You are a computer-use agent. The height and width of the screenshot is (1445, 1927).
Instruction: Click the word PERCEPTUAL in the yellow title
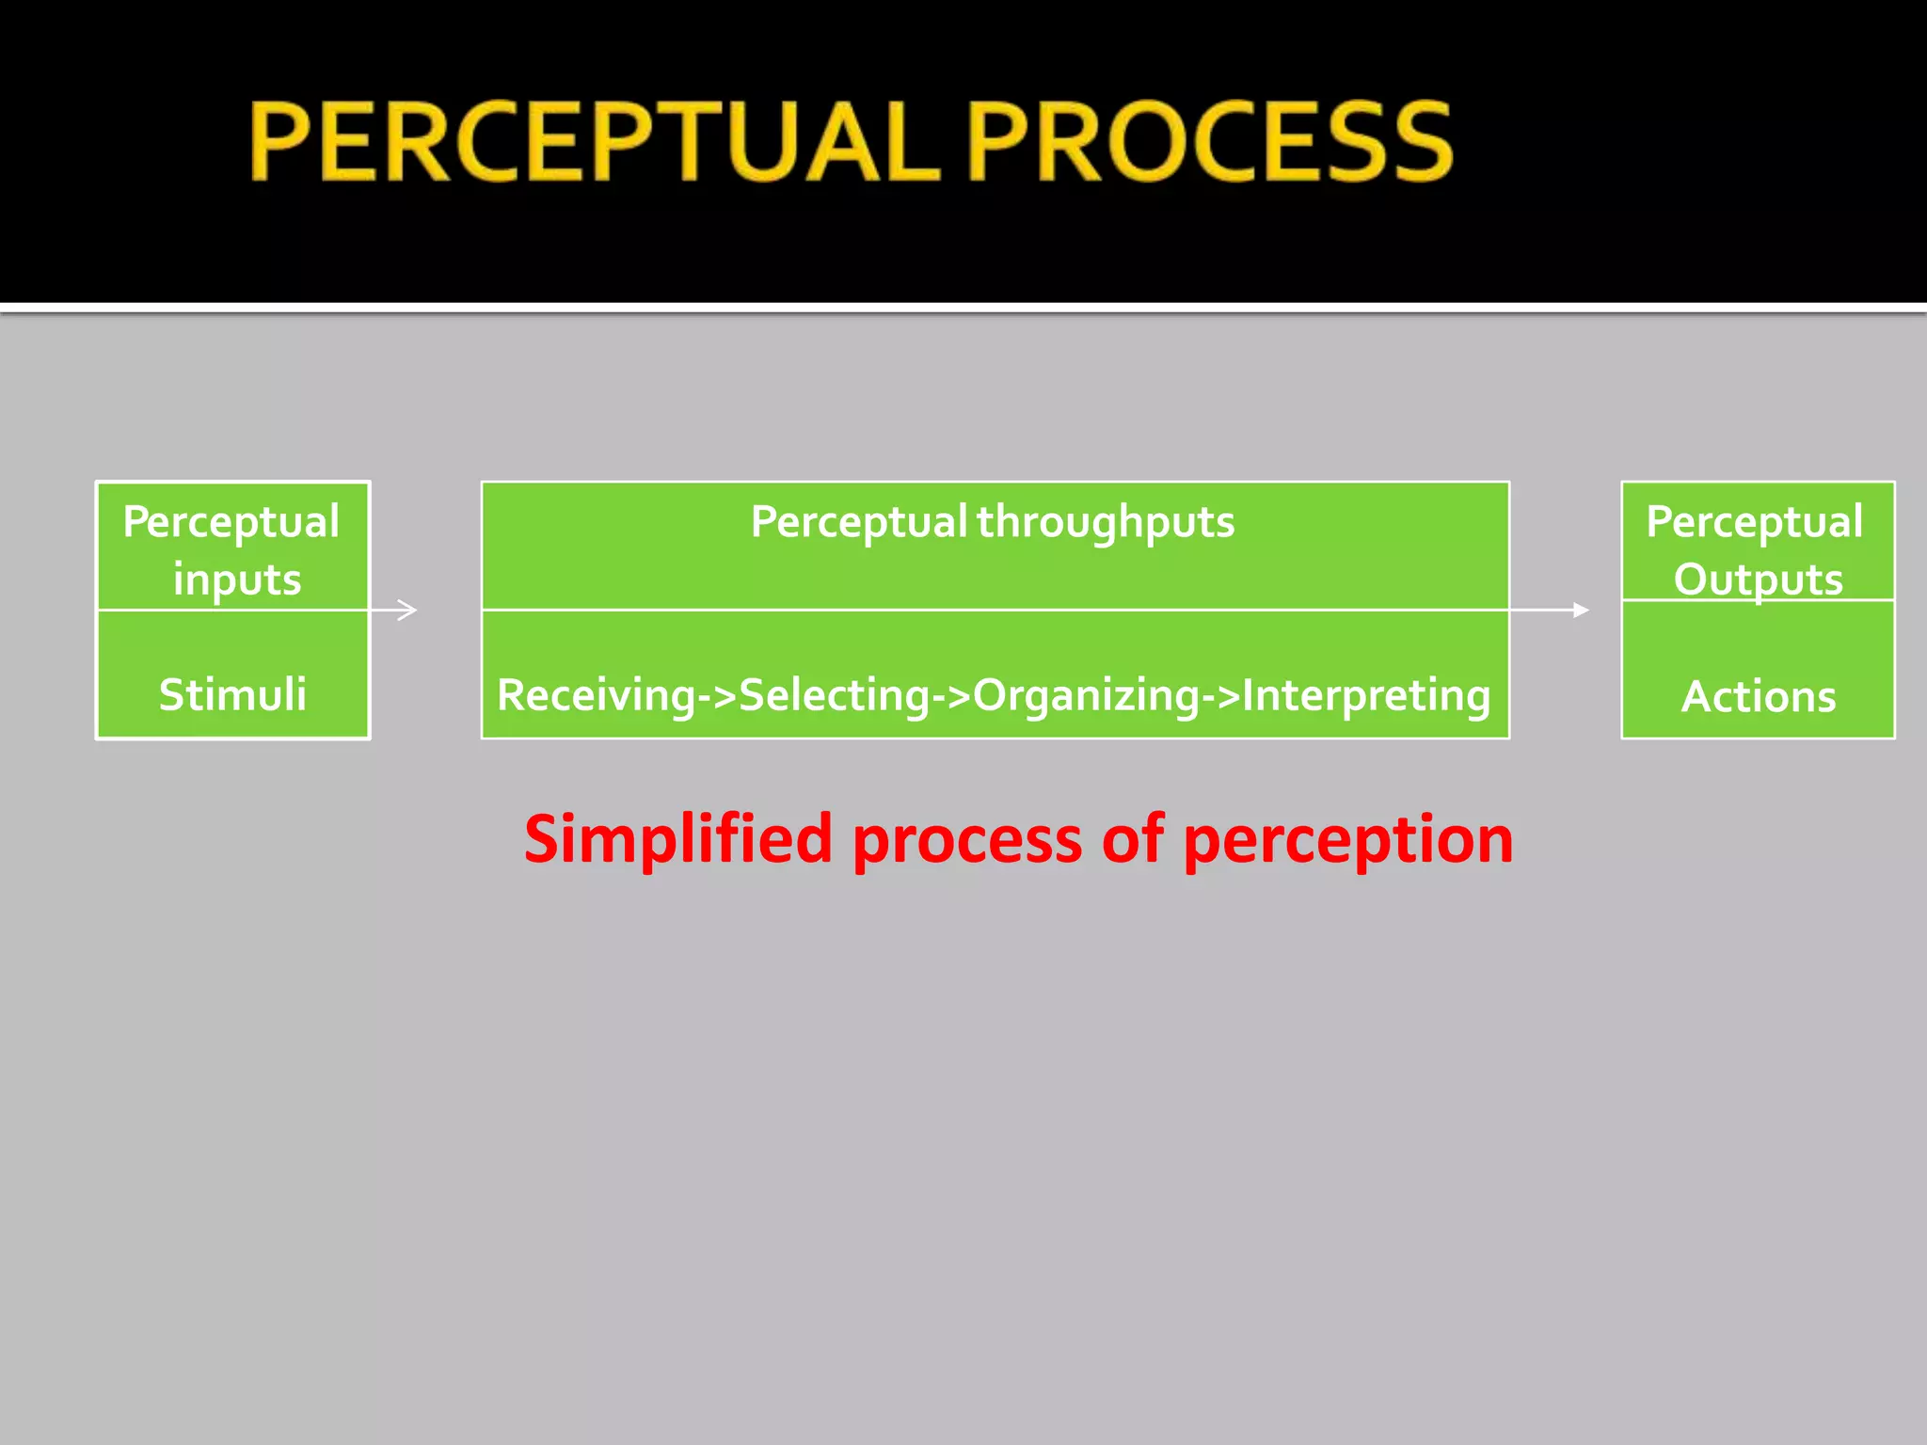(x=595, y=142)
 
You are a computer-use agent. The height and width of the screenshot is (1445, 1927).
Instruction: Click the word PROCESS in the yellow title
(x=1210, y=142)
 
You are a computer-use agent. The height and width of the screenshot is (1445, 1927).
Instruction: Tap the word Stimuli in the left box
(x=232, y=695)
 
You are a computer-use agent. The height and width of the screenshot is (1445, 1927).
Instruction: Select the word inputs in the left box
(x=237, y=580)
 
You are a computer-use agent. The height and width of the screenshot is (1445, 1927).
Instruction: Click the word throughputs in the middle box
(x=1106, y=522)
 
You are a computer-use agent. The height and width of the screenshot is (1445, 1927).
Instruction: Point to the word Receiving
(x=597, y=696)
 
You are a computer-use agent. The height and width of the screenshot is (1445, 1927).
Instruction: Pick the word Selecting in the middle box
(x=835, y=696)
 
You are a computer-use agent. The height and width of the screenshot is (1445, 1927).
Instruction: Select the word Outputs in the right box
(x=1758, y=580)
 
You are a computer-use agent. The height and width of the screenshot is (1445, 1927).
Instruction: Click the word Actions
(x=1758, y=697)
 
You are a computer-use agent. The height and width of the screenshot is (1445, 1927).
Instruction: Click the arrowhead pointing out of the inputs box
(x=407, y=610)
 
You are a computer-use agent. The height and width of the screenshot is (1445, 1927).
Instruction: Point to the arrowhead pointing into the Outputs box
(x=1582, y=610)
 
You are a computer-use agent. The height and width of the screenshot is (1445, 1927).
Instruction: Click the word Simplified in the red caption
(x=678, y=839)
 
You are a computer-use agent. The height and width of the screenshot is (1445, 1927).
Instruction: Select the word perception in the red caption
(x=1347, y=839)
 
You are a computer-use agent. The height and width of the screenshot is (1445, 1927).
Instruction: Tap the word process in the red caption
(x=967, y=839)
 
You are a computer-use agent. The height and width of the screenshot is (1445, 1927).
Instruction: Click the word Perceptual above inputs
(x=231, y=522)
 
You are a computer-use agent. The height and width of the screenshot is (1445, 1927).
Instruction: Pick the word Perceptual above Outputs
(x=1755, y=522)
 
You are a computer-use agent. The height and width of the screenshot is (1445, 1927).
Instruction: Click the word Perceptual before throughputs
(x=858, y=522)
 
